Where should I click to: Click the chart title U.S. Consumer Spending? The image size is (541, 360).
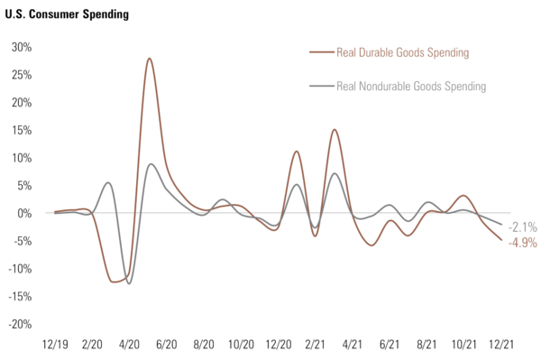[x=66, y=15]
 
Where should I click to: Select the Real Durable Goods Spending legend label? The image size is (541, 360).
[x=402, y=52]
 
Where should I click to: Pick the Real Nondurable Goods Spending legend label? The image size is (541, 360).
[x=410, y=87]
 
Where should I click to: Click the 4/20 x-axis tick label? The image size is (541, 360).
[x=129, y=345]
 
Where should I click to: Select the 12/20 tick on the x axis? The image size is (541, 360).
[x=278, y=345]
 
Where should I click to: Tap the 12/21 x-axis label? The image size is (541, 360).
[x=501, y=345]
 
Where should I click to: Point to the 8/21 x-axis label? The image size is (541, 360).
[x=427, y=345]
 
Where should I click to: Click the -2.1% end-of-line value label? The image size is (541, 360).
[x=522, y=226]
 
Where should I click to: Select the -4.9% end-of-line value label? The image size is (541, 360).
[x=522, y=242]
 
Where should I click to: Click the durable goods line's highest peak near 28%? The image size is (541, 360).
[x=149, y=59]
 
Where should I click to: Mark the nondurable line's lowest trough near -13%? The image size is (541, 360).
[x=129, y=283]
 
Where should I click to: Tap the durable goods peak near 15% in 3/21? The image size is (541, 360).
[x=335, y=130]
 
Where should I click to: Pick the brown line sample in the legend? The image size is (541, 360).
[x=321, y=52]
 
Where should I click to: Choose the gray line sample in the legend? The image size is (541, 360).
[x=321, y=87]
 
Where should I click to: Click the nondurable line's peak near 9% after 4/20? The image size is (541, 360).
[x=151, y=164]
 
